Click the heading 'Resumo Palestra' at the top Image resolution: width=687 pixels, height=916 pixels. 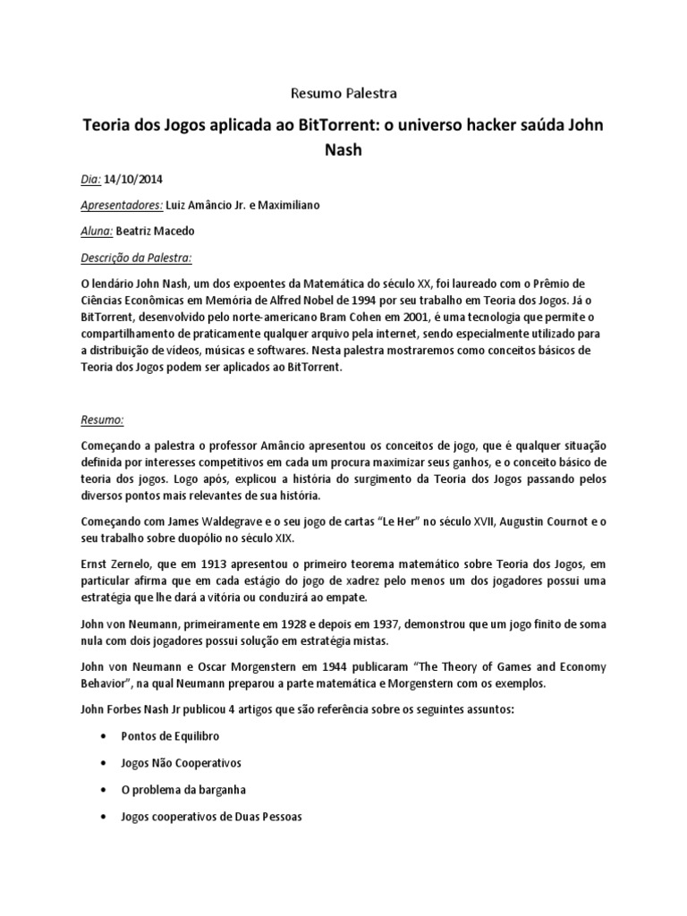click(x=343, y=92)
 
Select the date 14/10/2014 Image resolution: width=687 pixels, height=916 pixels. click(x=134, y=178)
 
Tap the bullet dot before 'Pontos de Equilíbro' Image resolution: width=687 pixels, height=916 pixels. click(x=109, y=736)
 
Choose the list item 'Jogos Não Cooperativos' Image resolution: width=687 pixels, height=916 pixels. click(x=181, y=763)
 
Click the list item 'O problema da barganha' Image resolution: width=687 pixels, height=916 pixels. click(x=182, y=790)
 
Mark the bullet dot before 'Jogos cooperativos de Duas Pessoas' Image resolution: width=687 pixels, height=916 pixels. click(x=109, y=818)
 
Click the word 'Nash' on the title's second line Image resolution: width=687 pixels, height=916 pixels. click(x=343, y=150)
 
